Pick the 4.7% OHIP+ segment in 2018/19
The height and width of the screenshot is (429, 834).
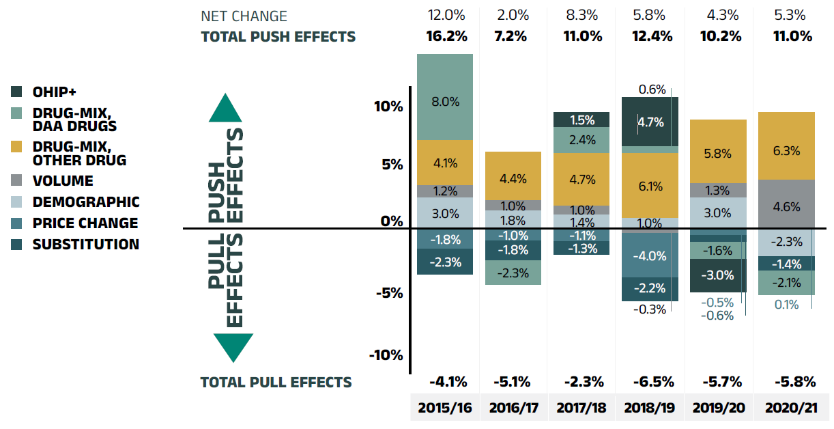pos(650,122)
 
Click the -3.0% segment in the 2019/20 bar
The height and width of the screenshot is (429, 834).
pos(718,275)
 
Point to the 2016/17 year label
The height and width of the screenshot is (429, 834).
pos(513,409)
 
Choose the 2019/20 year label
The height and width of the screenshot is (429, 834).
pos(718,409)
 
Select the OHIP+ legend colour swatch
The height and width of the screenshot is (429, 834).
pos(18,92)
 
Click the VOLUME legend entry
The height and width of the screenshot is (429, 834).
pos(63,181)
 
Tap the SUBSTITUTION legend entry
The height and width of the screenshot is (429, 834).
pos(85,244)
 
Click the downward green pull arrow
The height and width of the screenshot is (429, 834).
pos(233,347)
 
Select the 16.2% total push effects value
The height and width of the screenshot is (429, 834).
pos(445,36)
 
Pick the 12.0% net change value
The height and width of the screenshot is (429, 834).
pos(445,15)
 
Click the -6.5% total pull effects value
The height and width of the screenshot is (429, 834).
pos(650,381)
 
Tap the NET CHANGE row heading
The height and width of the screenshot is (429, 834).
pos(244,16)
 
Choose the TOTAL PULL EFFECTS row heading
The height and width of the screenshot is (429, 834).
pos(276,382)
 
